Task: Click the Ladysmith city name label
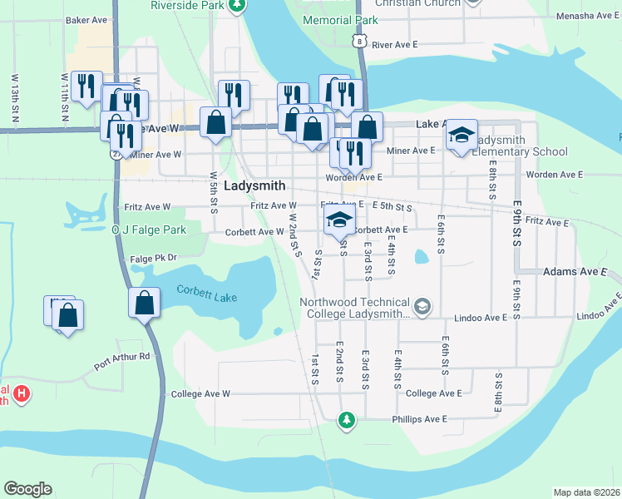click(x=254, y=186)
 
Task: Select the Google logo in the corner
click(x=27, y=489)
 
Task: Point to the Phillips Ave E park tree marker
click(x=347, y=419)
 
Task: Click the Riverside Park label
click(x=189, y=5)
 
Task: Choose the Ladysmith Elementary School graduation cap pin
click(x=461, y=135)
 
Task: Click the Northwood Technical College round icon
click(x=422, y=308)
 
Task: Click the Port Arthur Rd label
click(x=121, y=359)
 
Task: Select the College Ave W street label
click(x=200, y=393)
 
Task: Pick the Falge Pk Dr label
click(x=154, y=259)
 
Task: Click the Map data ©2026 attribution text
click(x=586, y=492)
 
